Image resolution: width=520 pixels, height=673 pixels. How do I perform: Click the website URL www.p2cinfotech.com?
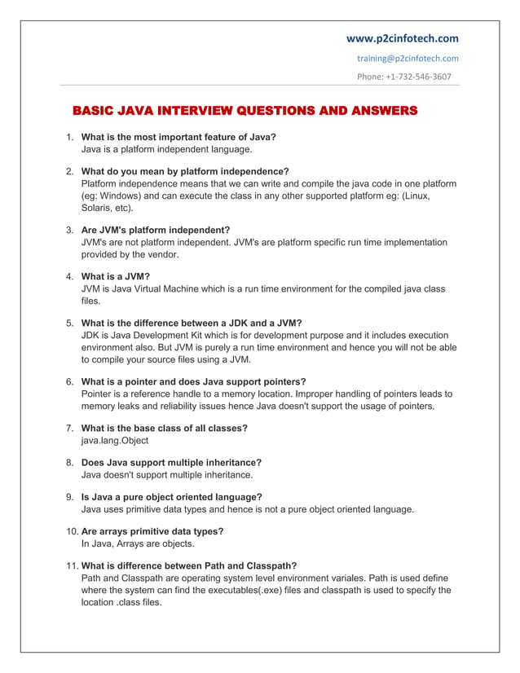[x=402, y=37]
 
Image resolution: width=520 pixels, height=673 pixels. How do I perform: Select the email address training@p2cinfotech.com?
[x=408, y=58]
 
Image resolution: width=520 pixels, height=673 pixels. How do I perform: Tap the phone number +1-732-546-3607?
[x=403, y=77]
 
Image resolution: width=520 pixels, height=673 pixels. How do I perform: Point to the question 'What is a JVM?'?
[x=116, y=276]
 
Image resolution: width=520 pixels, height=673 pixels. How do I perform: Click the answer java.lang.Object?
[x=115, y=440]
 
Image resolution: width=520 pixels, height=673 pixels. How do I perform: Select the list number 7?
[x=70, y=428]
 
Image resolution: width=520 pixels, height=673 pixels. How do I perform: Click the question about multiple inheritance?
[x=171, y=462]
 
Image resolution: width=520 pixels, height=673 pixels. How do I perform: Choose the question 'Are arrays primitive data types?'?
[x=152, y=531]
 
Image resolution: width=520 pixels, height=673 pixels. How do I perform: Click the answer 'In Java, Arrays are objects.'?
[x=138, y=543]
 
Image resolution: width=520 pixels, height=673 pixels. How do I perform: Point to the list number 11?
[x=71, y=565]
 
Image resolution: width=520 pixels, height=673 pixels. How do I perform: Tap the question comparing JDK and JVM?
[x=192, y=323]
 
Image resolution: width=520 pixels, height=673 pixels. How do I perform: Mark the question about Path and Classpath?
[x=189, y=565]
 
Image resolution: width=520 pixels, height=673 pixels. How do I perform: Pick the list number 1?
[x=70, y=137]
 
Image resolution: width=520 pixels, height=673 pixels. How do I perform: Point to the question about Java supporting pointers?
[x=194, y=380]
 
